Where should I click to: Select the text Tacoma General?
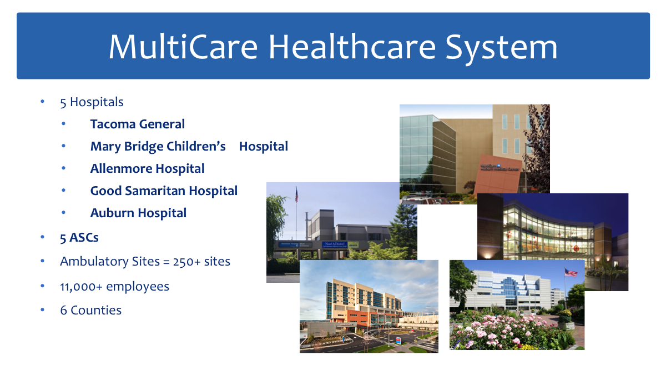138,124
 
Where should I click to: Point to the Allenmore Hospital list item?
147,168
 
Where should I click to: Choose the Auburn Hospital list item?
138,213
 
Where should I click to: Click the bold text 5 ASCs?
79,237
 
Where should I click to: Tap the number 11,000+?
81,286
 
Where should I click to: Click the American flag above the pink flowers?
571,272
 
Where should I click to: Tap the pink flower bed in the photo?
500,331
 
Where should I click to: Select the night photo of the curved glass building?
552,233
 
